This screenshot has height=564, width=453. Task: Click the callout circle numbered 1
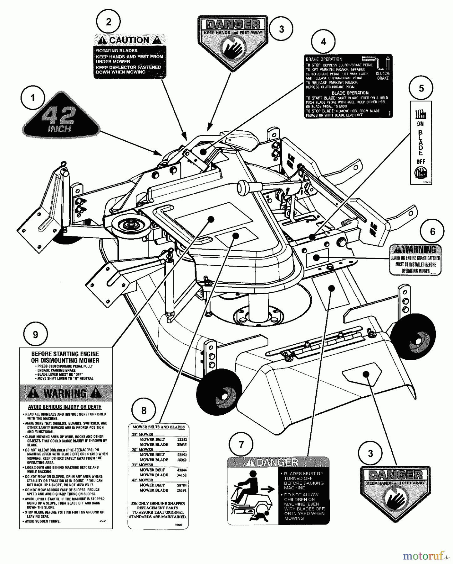click(x=33, y=98)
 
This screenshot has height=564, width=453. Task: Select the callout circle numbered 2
click(x=109, y=22)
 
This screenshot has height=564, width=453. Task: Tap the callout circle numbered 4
click(x=323, y=42)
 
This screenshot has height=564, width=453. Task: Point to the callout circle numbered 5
click(x=421, y=88)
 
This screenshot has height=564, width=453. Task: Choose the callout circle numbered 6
click(x=432, y=232)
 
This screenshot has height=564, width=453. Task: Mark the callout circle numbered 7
click(x=241, y=445)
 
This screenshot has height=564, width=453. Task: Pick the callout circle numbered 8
click(x=144, y=410)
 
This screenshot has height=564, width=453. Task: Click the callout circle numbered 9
click(x=35, y=335)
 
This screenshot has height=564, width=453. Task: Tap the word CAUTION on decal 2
click(x=130, y=40)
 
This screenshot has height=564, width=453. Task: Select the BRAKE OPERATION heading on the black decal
click(x=324, y=59)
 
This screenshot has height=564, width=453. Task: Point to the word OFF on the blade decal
click(x=421, y=162)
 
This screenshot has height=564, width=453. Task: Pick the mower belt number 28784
click(x=181, y=485)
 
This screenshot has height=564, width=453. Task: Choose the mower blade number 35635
click(x=181, y=445)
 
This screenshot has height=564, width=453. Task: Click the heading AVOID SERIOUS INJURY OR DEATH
click(x=65, y=407)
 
